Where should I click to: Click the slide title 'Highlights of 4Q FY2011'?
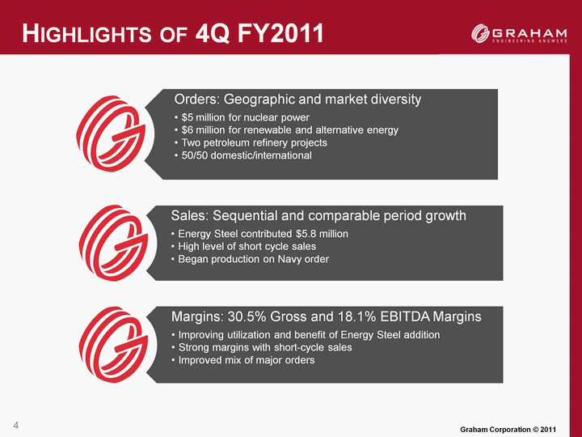[x=173, y=34]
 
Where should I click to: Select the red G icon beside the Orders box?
[x=113, y=134]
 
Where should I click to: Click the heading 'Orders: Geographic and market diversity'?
[x=297, y=100]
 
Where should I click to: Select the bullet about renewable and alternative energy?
[x=289, y=129]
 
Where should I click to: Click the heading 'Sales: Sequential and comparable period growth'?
[x=318, y=216]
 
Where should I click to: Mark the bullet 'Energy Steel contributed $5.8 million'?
[x=261, y=233]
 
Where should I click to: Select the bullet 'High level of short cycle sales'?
[x=245, y=246]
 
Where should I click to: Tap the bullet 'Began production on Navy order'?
[x=251, y=259]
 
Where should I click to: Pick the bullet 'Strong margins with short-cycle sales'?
[x=264, y=347]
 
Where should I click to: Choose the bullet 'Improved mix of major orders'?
[x=245, y=360]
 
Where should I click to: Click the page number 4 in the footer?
[x=16, y=424]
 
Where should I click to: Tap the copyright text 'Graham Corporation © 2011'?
[x=507, y=427]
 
